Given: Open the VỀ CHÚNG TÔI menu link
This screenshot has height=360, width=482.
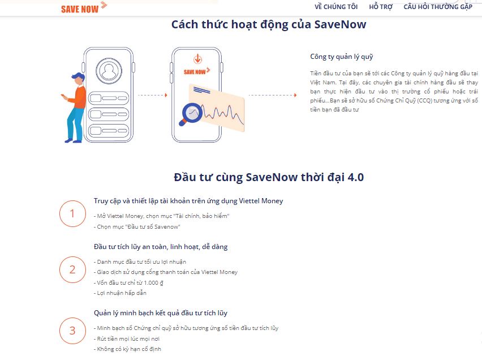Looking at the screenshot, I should [336, 7].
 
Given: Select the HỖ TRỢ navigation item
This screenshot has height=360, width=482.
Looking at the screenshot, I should [381, 7].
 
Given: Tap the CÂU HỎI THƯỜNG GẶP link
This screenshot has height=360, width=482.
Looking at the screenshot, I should [437, 7].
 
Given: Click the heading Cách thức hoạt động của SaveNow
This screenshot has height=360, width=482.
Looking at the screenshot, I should [269, 25].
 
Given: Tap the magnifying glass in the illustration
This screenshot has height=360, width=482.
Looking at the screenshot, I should [190, 113].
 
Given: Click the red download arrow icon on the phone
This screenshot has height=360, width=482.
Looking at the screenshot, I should [197, 59].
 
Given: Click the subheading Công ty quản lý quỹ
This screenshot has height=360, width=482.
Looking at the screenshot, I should [342, 57].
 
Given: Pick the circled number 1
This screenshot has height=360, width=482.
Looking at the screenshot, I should [72, 213].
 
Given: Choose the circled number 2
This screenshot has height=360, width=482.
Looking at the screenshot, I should [72, 269].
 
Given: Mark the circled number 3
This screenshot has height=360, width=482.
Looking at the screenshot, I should [72, 331].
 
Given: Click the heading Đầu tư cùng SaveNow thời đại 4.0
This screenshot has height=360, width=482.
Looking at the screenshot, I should [269, 177].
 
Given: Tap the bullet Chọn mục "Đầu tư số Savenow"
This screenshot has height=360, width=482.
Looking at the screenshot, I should [137, 226].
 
